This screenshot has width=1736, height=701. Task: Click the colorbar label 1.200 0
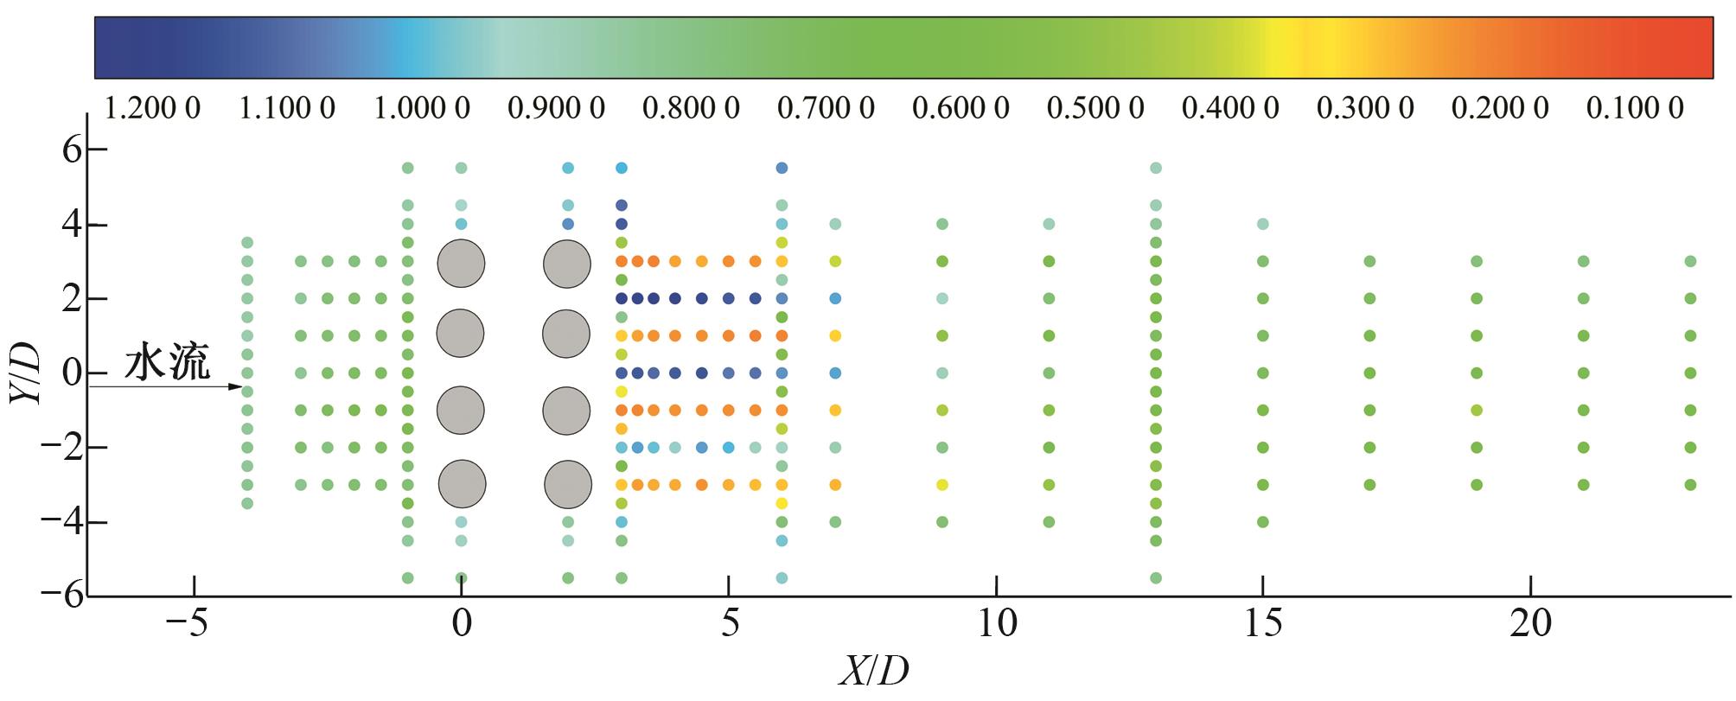pos(152,109)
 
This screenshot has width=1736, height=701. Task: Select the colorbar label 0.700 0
pos(826,109)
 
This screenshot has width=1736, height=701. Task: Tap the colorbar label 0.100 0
pos(1635,109)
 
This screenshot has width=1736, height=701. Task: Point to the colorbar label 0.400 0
pos(1230,109)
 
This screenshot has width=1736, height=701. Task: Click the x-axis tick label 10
pos(997,623)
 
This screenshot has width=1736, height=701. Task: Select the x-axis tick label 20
pos(1531,623)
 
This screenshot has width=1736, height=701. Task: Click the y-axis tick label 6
pos(71,150)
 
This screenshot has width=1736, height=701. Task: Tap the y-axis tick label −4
pos(61,522)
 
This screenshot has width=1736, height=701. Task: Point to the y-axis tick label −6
pos(61,596)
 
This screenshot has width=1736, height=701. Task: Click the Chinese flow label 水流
pos(167,363)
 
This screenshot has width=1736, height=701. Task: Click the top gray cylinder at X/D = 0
pos(461,263)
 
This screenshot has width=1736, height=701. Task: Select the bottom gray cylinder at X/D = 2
pos(568,485)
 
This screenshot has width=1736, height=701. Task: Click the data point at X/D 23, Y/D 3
pos(1690,261)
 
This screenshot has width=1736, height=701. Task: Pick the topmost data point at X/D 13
pos(1156,168)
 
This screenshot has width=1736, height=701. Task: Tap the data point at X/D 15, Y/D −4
pos(1262,522)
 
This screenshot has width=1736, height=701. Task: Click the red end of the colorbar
pos(1695,47)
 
